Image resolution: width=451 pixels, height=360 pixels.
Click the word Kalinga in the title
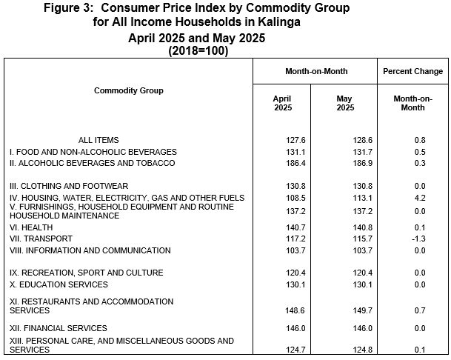pyautogui.click(x=279, y=22)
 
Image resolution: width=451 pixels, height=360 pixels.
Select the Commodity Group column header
pyautogui.click(x=129, y=90)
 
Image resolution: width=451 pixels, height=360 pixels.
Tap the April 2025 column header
pyautogui.click(x=282, y=103)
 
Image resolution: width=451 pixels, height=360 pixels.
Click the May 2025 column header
pyautogui.click(x=345, y=103)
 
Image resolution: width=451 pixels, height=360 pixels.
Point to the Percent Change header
pyautogui.click(x=412, y=71)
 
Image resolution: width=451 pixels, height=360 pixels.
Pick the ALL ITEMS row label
pyautogui.click(x=98, y=140)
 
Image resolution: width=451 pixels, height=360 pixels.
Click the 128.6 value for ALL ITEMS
pyautogui.click(x=363, y=140)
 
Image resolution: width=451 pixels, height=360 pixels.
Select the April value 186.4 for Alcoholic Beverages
pyautogui.click(x=295, y=163)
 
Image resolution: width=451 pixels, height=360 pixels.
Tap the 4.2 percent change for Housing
pyautogui.click(x=420, y=198)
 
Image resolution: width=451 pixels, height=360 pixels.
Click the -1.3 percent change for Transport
pyautogui.click(x=418, y=239)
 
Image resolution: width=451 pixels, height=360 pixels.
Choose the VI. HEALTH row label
pyautogui.click(x=31, y=227)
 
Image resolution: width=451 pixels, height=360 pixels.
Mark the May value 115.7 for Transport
pyautogui.click(x=363, y=239)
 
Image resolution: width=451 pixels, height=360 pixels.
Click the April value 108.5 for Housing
pyautogui.click(x=295, y=198)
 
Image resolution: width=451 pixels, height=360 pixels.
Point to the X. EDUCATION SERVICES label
pyautogui.click(x=59, y=284)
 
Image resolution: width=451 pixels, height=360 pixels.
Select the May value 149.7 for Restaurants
pyautogui.click(x=363, y=310)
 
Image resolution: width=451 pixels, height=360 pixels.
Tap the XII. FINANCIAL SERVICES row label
pyautogui.click(x=58, y=328)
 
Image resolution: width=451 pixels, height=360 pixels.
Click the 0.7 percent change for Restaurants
pyautogui.click(x=420, y=310)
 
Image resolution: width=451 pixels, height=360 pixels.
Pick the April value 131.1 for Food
pyautogui.click(x=295, y=152)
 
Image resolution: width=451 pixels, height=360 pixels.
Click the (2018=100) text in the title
pyautogui.click(x=198, y=50)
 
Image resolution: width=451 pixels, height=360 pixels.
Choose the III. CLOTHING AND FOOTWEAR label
pyautogui.click(x=69, y=186)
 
